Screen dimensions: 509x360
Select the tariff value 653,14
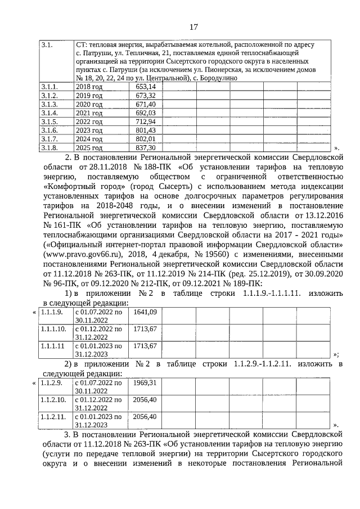click(x=145, y=87)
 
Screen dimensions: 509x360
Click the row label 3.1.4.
click(x=49, y=113)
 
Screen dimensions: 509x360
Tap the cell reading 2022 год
click(x=89, y=121)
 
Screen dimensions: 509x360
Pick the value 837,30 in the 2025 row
click(x=145, y=147)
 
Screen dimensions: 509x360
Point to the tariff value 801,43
click(x=145, y=130)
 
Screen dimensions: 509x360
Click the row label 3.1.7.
click(x=49, y=139)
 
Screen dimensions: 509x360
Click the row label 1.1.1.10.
click(x=53, y=328)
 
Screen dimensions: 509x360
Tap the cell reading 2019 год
click(x=89, y=96)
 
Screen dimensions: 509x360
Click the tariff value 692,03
click(x=145, y=113)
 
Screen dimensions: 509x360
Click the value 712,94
click(x=145, y=121)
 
